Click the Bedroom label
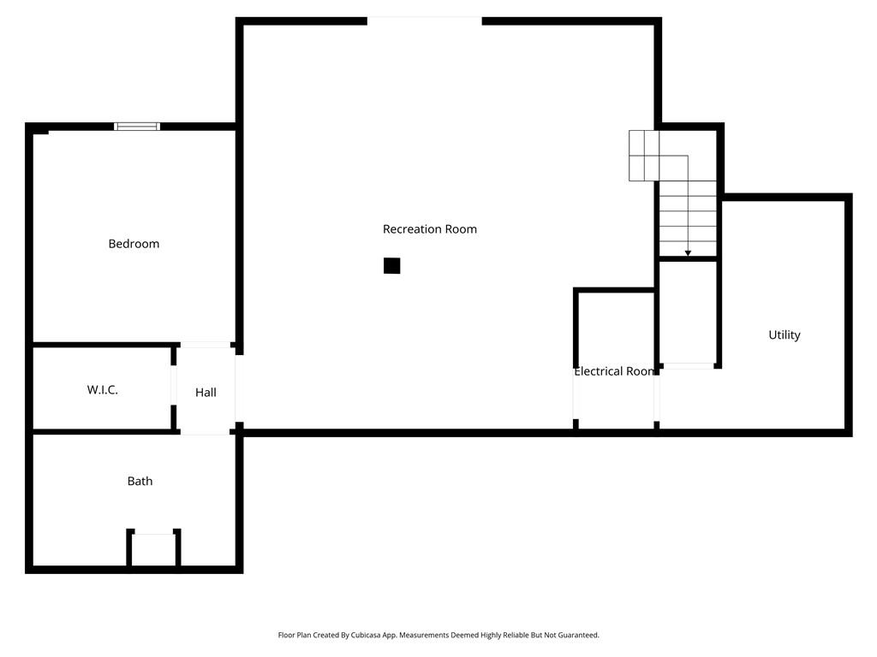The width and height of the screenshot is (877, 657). pyautogui.click(x=134, y=244)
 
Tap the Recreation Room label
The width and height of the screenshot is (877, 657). pyautogui.click(x=429, y=229)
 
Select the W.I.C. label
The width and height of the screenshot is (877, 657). pyautogui.click(x=102, y=390)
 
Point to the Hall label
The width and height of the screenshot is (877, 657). pyautogui.click(x=206, y=393)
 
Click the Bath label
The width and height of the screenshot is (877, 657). pyautogui.click(x=140, y=482)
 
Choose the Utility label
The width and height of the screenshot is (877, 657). pyautogui.click(x=784, y=335)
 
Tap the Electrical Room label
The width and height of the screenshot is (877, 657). pyautogui.click(x=614, y=372)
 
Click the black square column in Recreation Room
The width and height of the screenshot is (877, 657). pyautogui.click(x=391, y=266)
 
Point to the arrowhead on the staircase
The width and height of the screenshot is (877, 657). pyautogui.click(x=688, y=253)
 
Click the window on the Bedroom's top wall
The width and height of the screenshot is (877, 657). pyautogui.click(x=137, y=127)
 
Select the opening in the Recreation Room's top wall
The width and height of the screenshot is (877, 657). pyautogui.click(x=424, y=21)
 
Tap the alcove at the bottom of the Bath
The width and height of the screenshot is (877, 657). pyautogui.click(x=154, y=549)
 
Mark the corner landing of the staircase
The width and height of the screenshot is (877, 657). pyautogui.click(x=643, y=156)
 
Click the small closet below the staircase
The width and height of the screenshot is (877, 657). pyautogui.click(x=688, y=312)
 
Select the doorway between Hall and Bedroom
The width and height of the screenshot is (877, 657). pyautogui.click(x=206, y=345)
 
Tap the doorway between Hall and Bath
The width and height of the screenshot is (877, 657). pyautogui.click(x=206, y=433)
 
